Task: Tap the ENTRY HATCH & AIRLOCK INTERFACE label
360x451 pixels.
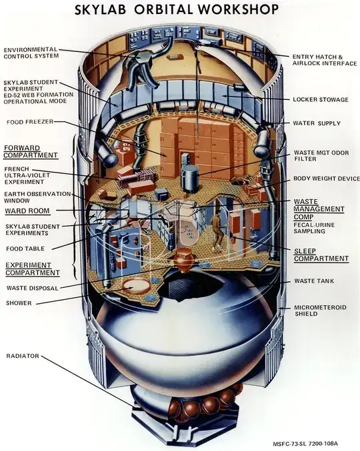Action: [325, 60]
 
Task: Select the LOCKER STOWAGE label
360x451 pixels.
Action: [321, 99]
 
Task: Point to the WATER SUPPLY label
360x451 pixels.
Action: [317, 123]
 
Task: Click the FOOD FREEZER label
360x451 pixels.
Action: [30, 122]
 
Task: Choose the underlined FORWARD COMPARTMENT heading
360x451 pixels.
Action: [31, 152]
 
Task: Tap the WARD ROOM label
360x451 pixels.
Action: [27, 211]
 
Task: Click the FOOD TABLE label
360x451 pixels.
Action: [25, 248]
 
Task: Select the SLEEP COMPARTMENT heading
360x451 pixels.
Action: [321, 255]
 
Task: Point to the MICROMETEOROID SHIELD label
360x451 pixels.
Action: [320, 310]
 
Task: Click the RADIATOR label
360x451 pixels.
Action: [23, 356]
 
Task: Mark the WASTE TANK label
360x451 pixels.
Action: [314, 280]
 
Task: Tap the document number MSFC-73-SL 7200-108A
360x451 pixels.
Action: [314, 444]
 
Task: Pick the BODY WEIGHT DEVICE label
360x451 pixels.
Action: [326, 179]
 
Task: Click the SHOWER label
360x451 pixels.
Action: [19, 303]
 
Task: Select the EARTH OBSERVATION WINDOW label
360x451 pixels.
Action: [37, 197]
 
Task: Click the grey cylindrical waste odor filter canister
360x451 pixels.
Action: [189, 179]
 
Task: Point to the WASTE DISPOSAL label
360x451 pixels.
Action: [32, 288]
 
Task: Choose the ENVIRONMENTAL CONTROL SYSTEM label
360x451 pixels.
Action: [31, 53]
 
